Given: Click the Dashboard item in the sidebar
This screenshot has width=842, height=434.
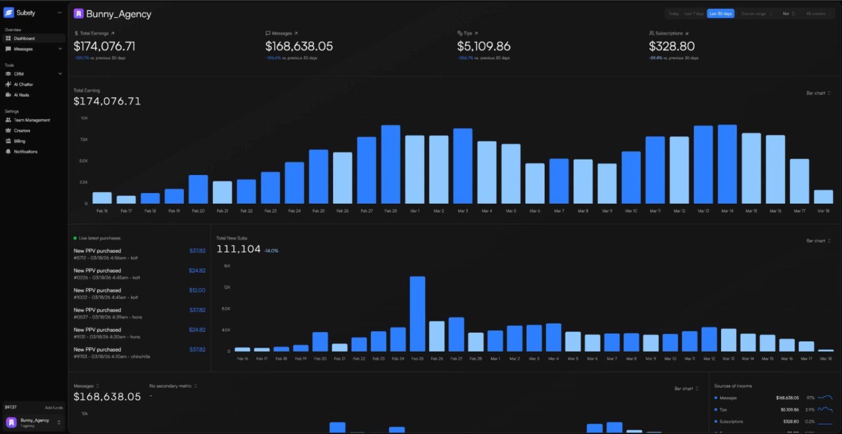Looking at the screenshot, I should point(24,38).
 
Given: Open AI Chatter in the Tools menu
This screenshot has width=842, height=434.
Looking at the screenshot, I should point(23,84).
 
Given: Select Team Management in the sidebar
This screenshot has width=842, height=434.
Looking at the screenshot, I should point(32,120).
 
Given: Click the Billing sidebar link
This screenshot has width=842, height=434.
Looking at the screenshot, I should point(19,141).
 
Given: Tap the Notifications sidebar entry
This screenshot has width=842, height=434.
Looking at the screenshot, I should point(26,152).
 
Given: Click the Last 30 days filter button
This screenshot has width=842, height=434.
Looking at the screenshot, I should point(720,14).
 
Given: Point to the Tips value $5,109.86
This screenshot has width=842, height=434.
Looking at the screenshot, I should point(483,47).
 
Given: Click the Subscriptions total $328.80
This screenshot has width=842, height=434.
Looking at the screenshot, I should point(672,47).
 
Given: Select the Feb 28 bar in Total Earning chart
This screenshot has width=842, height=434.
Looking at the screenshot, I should point(391,164).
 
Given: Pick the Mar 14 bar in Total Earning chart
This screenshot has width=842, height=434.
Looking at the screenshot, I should point(727,164).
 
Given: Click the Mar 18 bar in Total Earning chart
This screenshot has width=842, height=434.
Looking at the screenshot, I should point(823,197).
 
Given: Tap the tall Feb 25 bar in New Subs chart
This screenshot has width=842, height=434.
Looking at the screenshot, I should point(417,313).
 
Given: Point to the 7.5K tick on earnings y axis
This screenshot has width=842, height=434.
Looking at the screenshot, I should point(84,139).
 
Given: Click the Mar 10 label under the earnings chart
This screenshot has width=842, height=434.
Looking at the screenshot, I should point(631,211).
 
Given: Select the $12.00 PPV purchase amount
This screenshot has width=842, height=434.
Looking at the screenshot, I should point(197,290).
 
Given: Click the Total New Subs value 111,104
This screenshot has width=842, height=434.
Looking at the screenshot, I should point(239,249).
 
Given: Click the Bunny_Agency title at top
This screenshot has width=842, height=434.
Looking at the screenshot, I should point(118,14).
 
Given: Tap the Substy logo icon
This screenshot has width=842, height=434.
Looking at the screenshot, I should point(9,13).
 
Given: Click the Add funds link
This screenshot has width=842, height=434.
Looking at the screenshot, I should point(54,408).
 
